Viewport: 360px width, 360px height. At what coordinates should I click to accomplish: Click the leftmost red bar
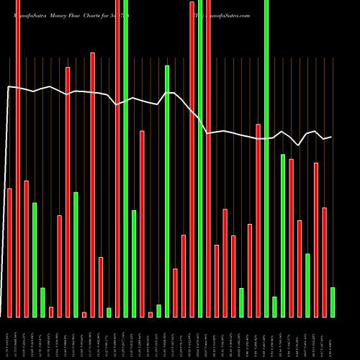coord(10,252)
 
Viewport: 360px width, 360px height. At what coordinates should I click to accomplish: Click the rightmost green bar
coord(332,302)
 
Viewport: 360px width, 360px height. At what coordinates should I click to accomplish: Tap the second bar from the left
coord(18,158)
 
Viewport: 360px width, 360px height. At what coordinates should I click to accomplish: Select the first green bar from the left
coord(35,259)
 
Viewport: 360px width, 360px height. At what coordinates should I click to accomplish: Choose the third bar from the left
coord(26,248)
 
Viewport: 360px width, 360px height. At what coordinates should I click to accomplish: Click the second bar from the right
coord(324,262)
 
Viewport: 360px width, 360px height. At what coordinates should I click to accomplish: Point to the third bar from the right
coord(315,240)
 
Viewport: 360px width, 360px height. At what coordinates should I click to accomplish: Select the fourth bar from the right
coord(307,285)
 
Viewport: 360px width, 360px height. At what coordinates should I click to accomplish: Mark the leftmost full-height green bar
coord(125,158)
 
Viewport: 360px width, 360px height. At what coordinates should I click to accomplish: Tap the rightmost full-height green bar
coord(266,158)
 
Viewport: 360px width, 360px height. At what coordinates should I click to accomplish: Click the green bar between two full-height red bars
coord(200,158)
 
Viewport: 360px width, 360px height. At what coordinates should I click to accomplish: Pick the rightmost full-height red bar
coord(208,158)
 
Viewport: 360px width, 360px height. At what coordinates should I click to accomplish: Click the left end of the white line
coord(7,87)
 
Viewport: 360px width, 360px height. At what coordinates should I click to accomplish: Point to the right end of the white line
coord(331,137)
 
